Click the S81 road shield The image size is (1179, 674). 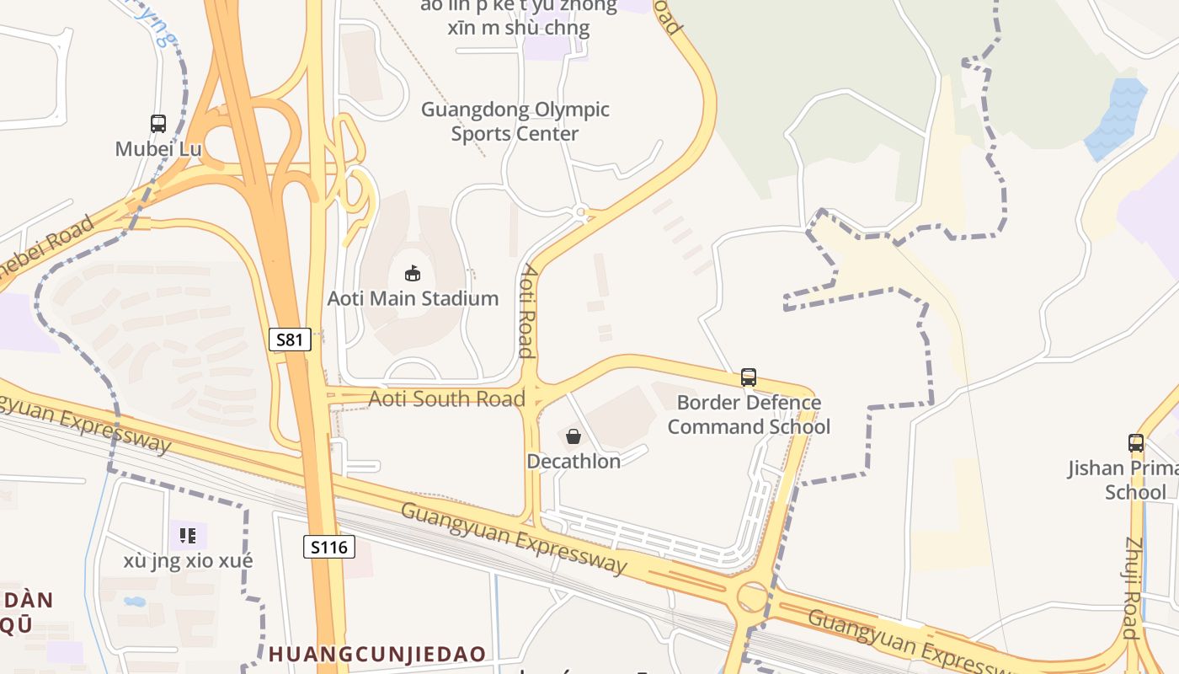[290, 340]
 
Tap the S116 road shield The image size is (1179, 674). [328, 548]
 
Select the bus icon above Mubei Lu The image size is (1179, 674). [158, 124]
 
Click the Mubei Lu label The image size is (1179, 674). [158, 149]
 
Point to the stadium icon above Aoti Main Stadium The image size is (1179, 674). [413, 273]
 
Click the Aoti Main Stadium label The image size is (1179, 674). [413, 298]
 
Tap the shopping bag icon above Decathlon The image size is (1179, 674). [573, 436]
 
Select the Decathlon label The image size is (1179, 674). [573, 462]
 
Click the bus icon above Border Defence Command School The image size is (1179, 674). [749, 377]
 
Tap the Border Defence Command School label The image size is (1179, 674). [749, 415]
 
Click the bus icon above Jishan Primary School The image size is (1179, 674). [1136, 442]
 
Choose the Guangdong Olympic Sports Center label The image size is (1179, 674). [515, 121]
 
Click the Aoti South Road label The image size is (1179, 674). [447, 399]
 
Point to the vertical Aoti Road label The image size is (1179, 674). [528, 311]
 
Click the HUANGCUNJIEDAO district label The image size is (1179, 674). [377, 654]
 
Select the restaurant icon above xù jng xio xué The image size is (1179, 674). [188, 535]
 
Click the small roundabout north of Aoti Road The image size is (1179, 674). [580, 211]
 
